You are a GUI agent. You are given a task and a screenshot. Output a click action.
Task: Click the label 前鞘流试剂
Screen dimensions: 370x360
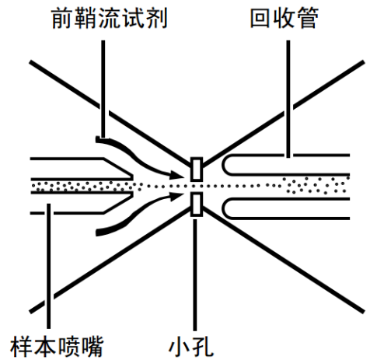point(110,18)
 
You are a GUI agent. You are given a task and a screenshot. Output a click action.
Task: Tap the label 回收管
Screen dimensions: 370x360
point(284,18)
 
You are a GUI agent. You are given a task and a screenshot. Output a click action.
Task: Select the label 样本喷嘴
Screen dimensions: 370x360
point(57,346)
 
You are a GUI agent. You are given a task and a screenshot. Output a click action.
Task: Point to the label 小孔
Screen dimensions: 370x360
point(191,346)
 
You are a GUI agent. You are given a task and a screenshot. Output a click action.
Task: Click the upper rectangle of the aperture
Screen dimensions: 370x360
point(197,169)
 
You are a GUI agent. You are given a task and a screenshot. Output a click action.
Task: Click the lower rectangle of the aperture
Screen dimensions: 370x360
point(197,204)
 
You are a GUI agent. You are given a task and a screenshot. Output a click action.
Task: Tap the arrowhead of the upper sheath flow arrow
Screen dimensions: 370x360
point(176,175)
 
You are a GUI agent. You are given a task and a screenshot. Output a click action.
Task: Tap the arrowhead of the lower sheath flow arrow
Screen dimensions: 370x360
point(176,197)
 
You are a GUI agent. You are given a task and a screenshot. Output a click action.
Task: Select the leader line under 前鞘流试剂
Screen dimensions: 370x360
point(103,89)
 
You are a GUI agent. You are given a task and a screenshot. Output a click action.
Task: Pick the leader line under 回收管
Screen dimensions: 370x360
point(288,99)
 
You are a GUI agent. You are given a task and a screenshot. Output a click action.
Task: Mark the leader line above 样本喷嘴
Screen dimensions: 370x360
point(49,266)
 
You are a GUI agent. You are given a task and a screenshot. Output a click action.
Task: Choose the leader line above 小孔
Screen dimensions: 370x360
point(195,274)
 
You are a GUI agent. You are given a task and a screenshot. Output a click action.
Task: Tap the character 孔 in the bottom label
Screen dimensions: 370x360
point(203,347)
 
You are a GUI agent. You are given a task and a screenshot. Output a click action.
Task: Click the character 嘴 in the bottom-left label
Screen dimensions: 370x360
point(92,346)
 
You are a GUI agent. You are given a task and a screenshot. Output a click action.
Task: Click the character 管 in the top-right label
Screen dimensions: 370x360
point(308,18)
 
